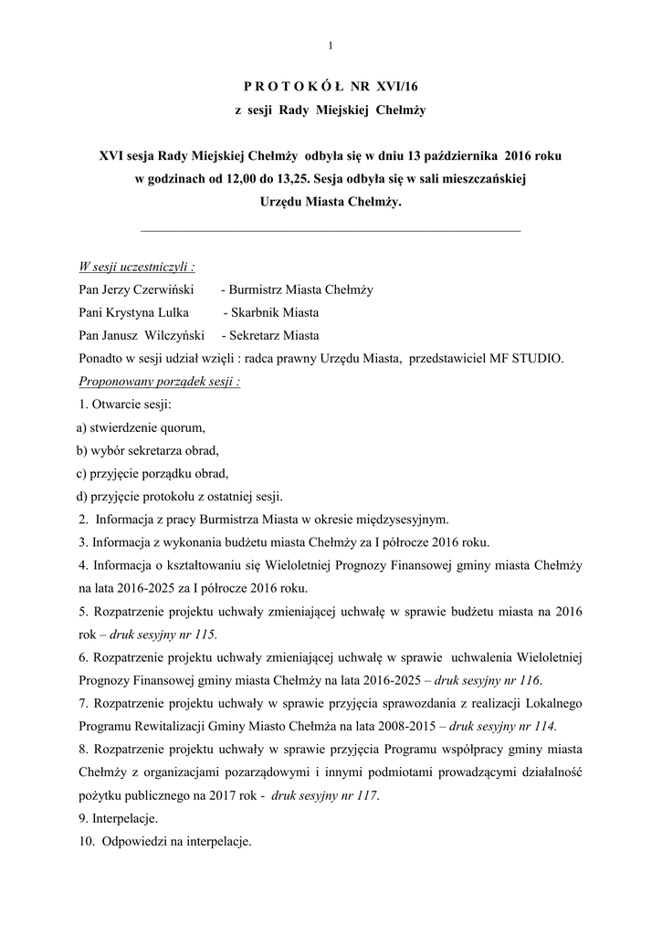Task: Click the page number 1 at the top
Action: (x=331, y=46)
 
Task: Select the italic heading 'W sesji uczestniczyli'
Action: (x=136, y=267)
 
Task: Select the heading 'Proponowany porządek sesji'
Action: (x=159, y=381)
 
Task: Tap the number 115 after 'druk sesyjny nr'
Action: (x=206, y=634)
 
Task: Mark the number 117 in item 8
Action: (x=366, y=795)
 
